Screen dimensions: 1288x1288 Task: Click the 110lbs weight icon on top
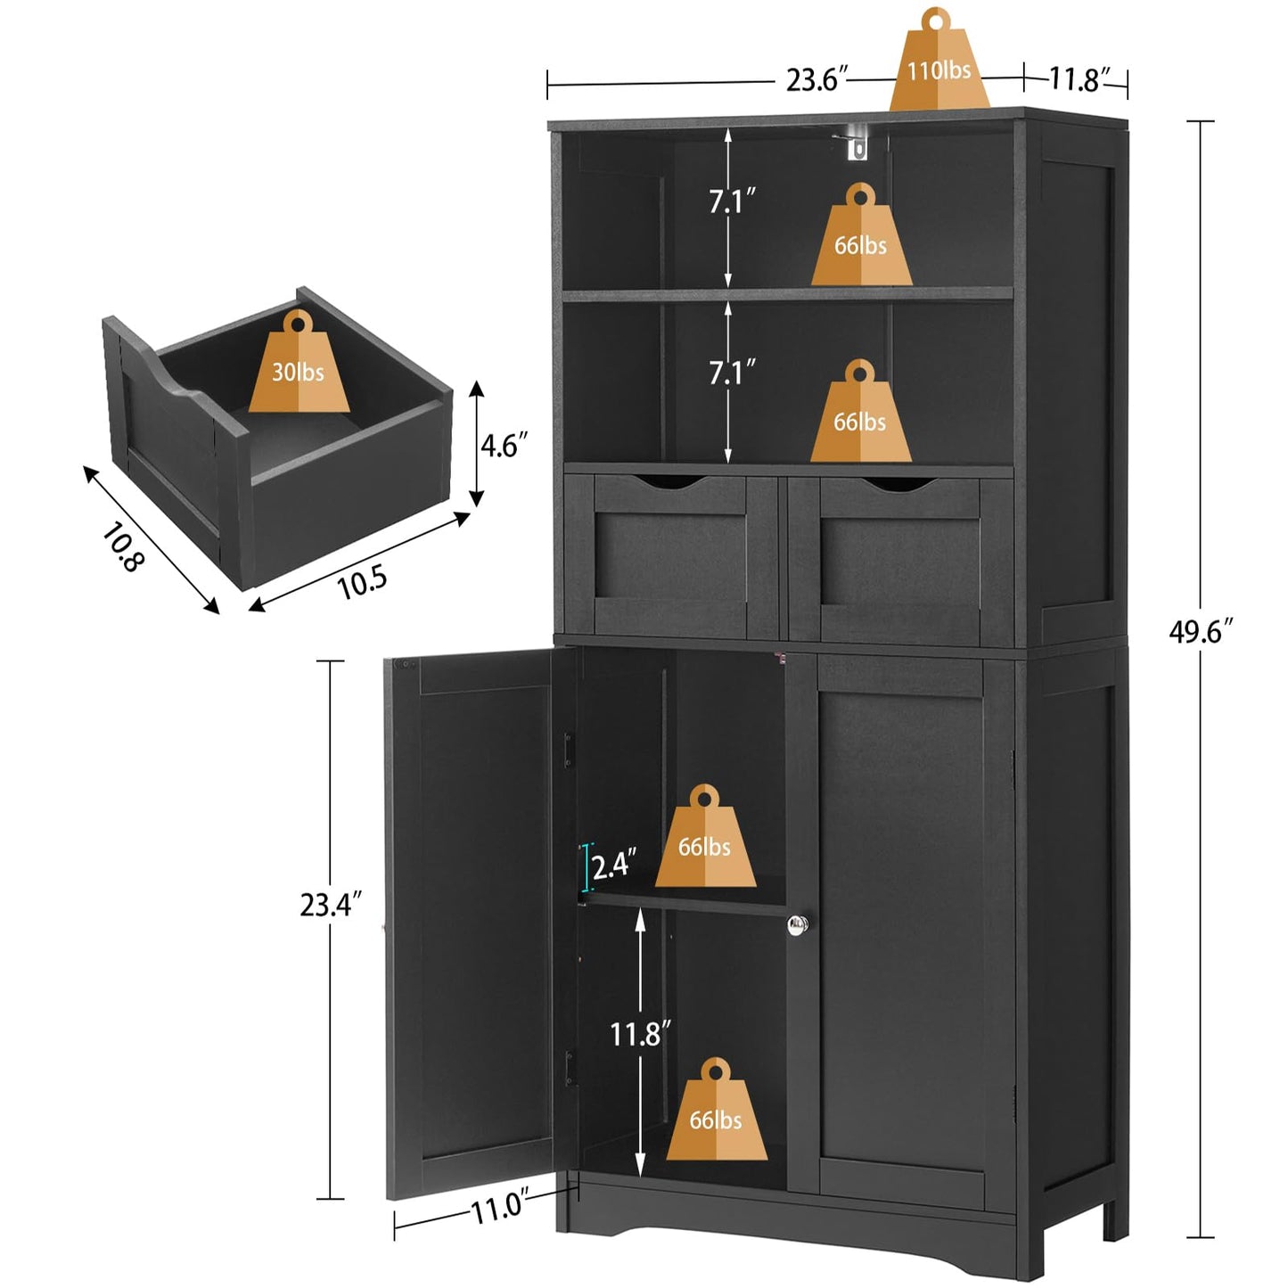pos(939,67)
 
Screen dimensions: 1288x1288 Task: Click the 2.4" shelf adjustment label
pos(614,865)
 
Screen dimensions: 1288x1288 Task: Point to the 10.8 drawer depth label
pos(122,546)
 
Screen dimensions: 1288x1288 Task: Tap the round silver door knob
pos(798,925)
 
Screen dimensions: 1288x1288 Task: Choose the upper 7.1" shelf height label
pos(732,202)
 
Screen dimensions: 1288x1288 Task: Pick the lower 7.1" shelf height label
pos(732,372)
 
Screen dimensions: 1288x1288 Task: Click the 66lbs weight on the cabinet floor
pos(717,1115)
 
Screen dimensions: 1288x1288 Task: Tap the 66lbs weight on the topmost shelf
pos(861,241)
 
